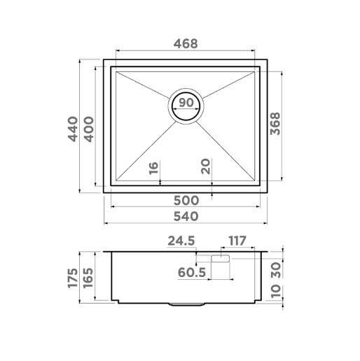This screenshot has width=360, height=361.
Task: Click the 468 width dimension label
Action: (186, 43)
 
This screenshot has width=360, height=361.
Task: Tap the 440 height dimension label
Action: (73, 129)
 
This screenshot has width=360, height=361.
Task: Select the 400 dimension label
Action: (89, 129)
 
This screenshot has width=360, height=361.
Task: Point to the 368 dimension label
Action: (275, 124)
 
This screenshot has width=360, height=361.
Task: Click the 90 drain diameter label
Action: (186, 103)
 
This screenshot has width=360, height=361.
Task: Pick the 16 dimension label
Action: (153, 169)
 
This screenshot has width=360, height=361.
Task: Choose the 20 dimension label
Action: (205, 167)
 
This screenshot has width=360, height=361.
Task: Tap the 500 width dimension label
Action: (186, 200)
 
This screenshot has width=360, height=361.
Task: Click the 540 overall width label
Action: (186, 216)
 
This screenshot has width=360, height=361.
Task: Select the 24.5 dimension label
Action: (181, 241)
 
